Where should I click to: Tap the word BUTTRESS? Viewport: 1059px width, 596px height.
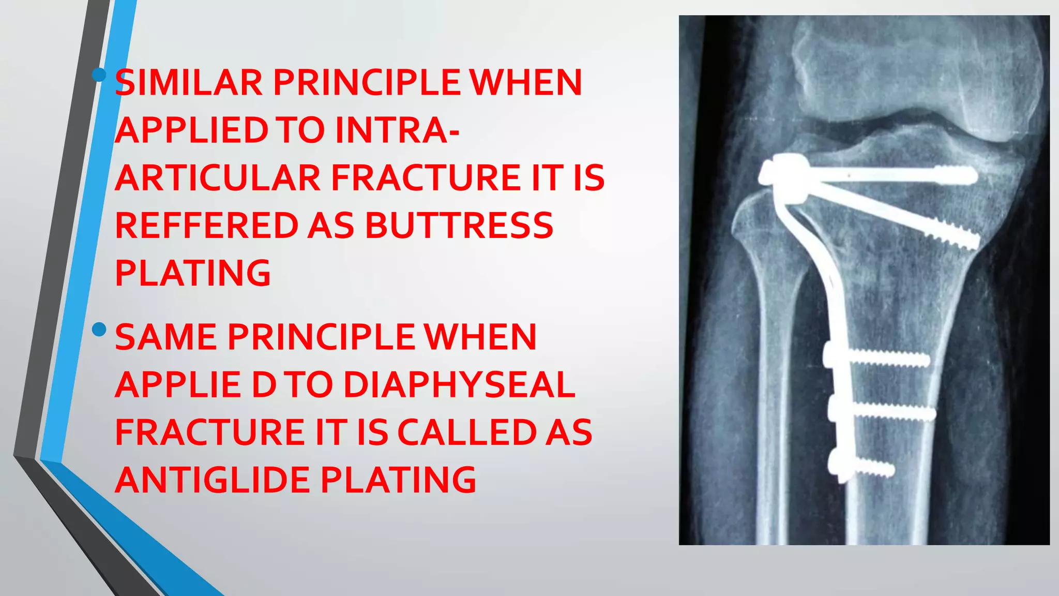click(x=459, y=226)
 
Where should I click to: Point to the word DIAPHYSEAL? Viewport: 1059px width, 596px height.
click(x=459, y=385)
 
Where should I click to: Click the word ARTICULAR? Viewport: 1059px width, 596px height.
click(x=218, y=178)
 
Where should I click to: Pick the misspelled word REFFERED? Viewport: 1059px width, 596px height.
click(x=206, y=226)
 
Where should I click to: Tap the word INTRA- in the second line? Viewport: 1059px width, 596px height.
click(x=397, y=130)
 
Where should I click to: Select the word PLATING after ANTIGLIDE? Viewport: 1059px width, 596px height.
click(x=398, y=480)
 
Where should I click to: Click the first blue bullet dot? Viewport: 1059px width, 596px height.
click(x=99, y=75)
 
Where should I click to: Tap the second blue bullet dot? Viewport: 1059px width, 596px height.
click(x=99, y=329)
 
